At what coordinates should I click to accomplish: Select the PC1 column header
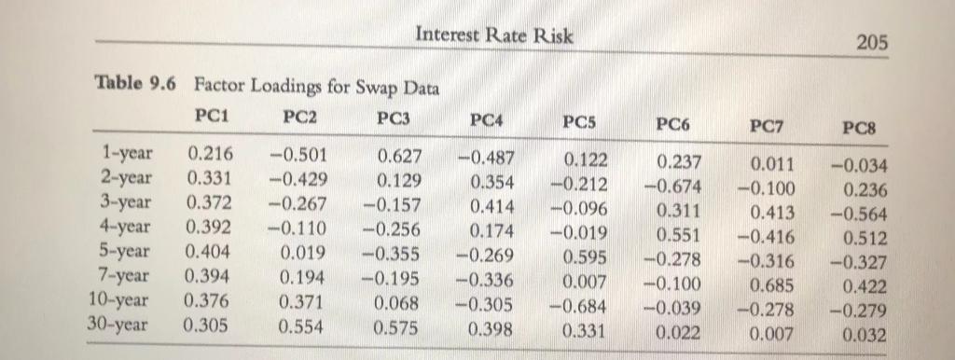[214, 118]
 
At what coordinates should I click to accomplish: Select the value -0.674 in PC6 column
[675, 184]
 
